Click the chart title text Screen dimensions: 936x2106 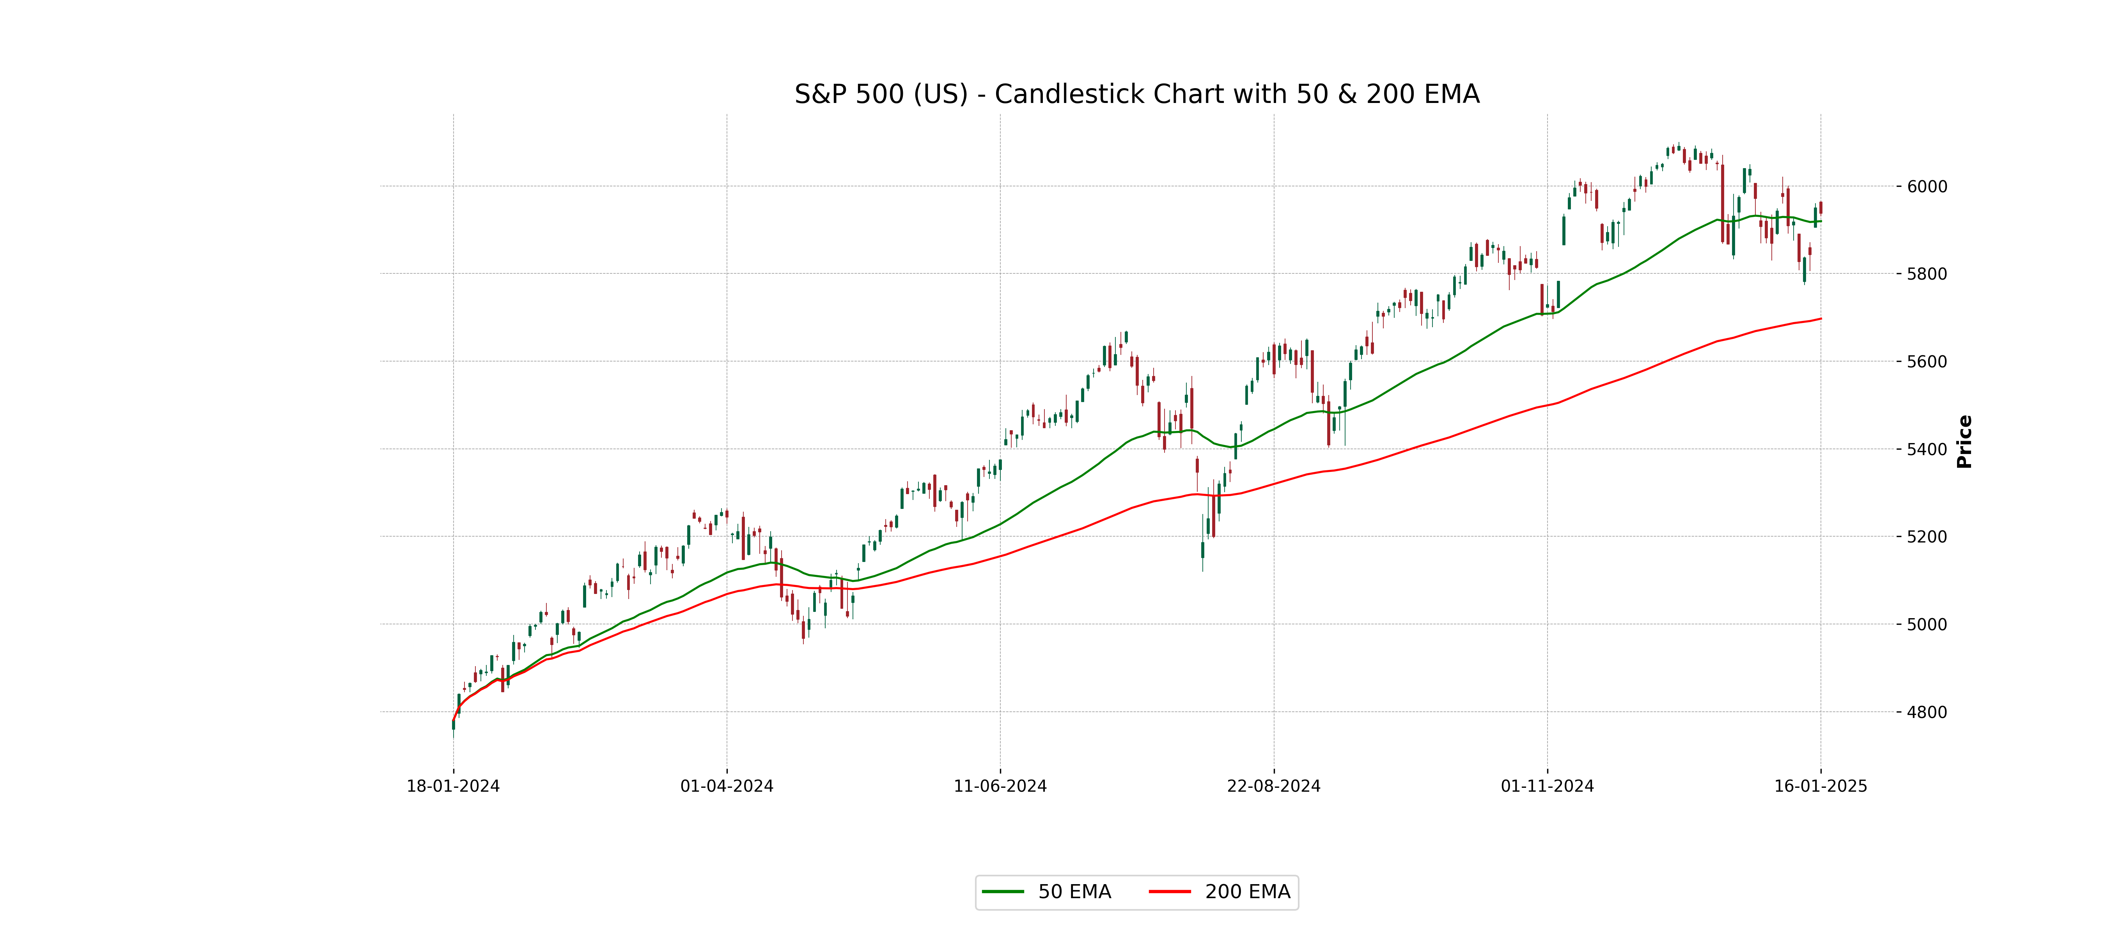pyautogui.click(x=1136, y=94)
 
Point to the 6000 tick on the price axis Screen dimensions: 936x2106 pyautogui.click(x=1927, y=186)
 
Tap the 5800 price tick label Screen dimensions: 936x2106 pyautogui.click(x=1927, y=274)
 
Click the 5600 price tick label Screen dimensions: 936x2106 pyautogui.click(x=1927, y=361)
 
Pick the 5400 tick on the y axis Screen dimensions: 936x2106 pyautogui.click(x=1927, y=449)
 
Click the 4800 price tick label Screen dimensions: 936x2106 pyautogui.click(x=1927, y=712)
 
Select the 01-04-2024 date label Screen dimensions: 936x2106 pyautogui.click(x=727, y=786)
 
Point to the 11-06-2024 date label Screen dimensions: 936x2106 pyautogui.click(x=1000, y=786)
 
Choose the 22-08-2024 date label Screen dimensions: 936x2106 pyautogui.click(x=1274, y=786)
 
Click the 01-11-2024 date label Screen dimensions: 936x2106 pyautogui.click(x=1547, y=786)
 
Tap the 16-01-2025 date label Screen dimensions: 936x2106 pyautogui.click(x=1821, y=786)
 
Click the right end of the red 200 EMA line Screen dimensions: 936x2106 pyautogui.click(x=1820, y=319)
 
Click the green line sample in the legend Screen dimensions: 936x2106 pyautogui.click(x=1003, y=892)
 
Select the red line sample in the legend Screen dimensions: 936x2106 pyautogui.click(x=1170, y=892)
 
